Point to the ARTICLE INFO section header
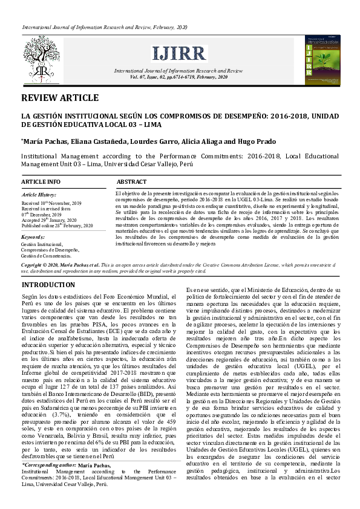[41, 182]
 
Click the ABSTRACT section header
[131, 182]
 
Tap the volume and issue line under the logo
[179, 77]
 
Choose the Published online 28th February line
[57, 225]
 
